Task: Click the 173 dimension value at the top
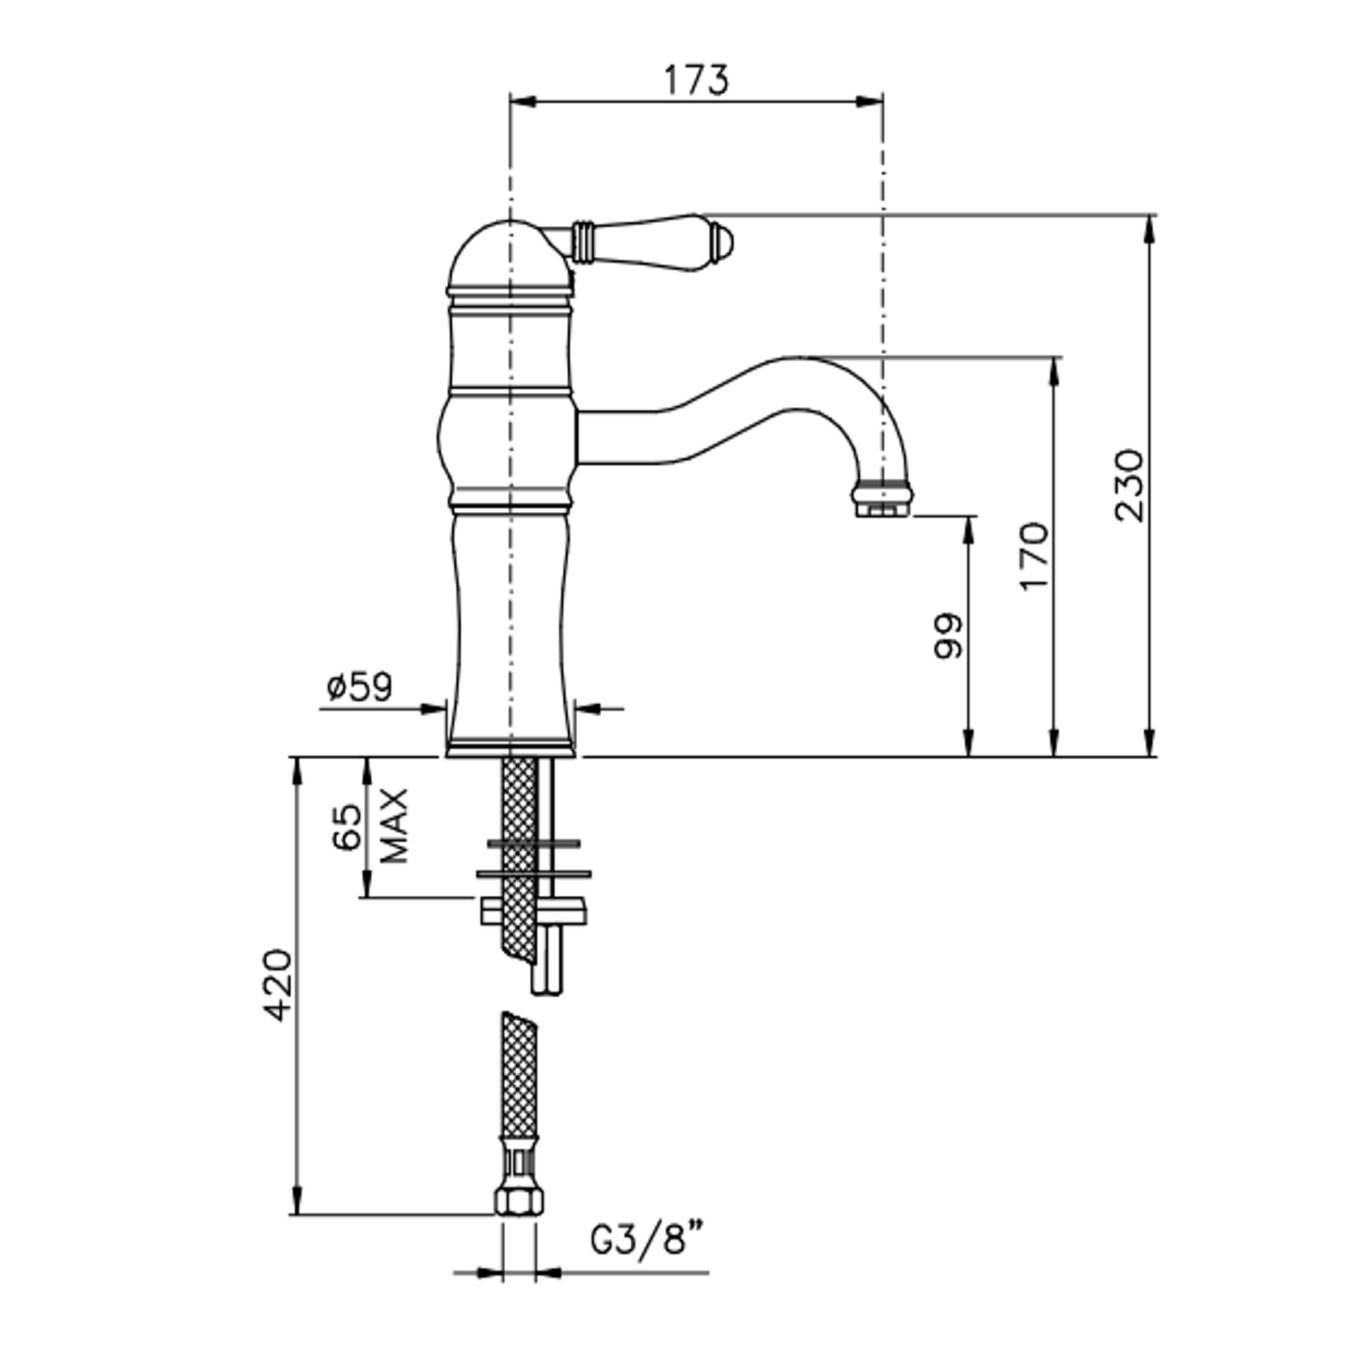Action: (x=696, y=79)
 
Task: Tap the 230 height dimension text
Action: (x=1129, y=485)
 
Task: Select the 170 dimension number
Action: (x=1034, y=557)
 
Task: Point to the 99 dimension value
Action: (x=949, y=636)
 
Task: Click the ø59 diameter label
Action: (x=359, y=687)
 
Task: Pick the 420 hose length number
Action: (x=278, y=985)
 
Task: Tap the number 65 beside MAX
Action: (x=347, y=826)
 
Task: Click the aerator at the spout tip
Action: (x=883, y=497)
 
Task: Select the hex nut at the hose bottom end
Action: (x=519, y=1199)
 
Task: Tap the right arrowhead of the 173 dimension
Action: (x=869, y=101)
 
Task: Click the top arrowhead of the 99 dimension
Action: (x=968, y=530)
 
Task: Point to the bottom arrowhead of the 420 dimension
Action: (x=298, y=1201)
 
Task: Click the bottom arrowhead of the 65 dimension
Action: (x=367, y=883)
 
